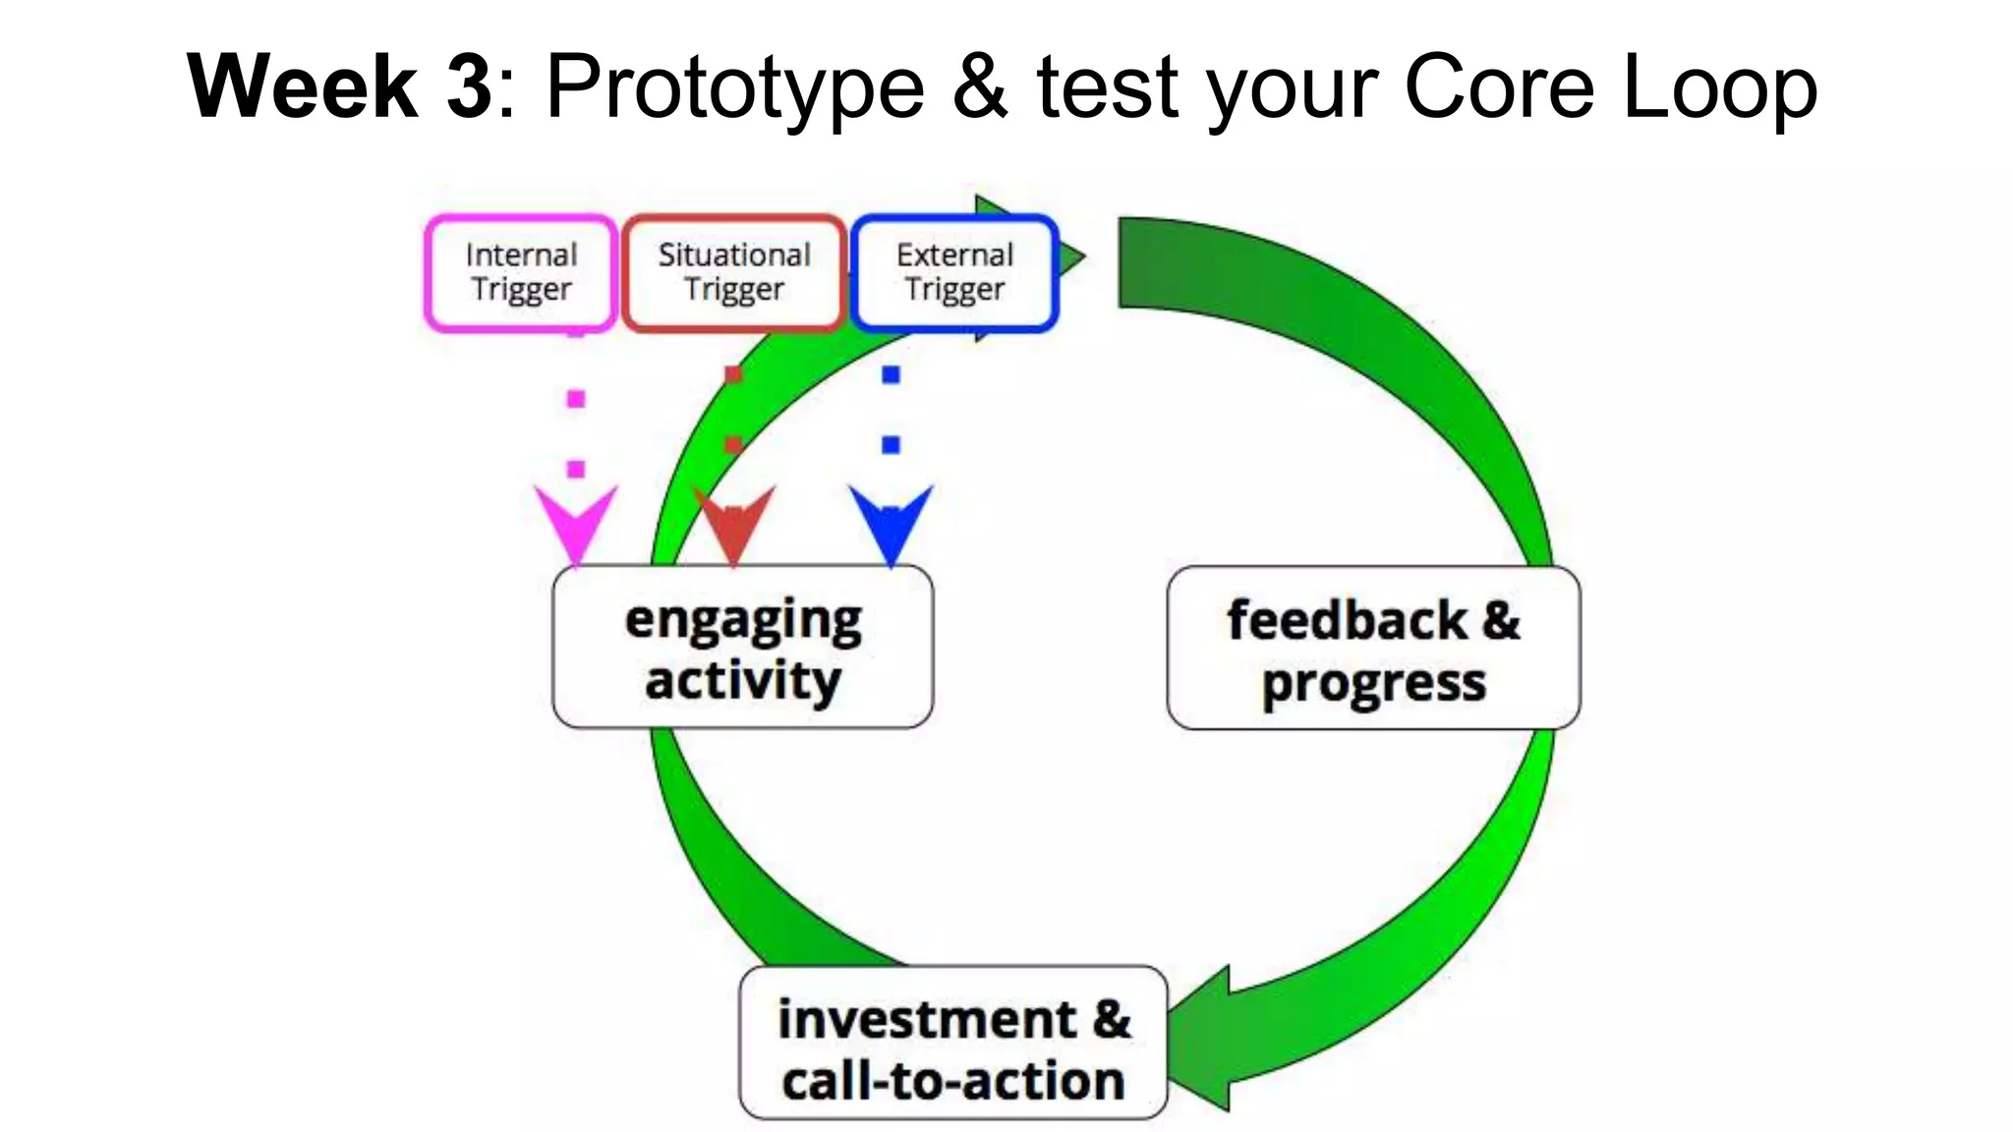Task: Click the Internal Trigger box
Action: tap(521, 272)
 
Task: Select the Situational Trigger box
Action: tap(734, 272)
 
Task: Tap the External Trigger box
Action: tap(954, 272)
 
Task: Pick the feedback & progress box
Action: tap(1373, 649)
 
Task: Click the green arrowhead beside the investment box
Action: tap(1204, 1040)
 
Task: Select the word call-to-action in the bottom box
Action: tap(952, 1081)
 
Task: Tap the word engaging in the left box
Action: tap(743, 621)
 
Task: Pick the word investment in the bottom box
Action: tap(926, 1019)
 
